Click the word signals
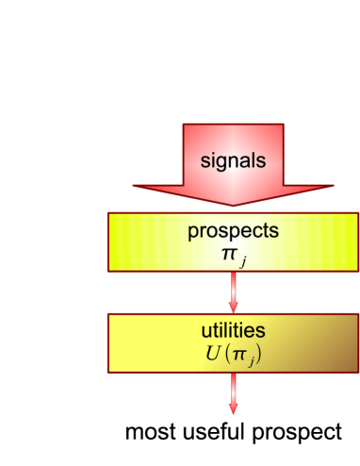233,159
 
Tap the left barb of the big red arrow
135,186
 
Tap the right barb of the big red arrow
332,186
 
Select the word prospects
233,231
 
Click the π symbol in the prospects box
229,255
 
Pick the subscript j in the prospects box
242,261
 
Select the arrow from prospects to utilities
233,292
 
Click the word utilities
233,331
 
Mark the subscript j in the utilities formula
248,359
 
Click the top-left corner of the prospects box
107,213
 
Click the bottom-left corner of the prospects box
107,272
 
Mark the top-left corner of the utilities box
107,314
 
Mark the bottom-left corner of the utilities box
107,372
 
